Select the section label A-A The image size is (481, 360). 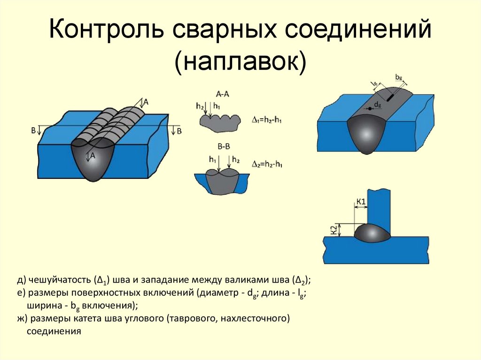tap(222, 94)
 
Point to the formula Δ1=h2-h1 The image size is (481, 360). tap(267, 121)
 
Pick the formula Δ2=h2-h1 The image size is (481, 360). tap(267, 164)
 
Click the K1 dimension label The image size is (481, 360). tap(361, 202)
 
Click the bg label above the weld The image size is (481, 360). tap(399, 76)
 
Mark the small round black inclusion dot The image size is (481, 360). tap(370, 108)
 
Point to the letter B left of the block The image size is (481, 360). tap(33, 130)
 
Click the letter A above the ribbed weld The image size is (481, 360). tap(146, 101)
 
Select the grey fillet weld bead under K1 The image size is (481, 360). tap(372, 233)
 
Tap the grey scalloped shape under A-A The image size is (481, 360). tap(218, 122)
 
